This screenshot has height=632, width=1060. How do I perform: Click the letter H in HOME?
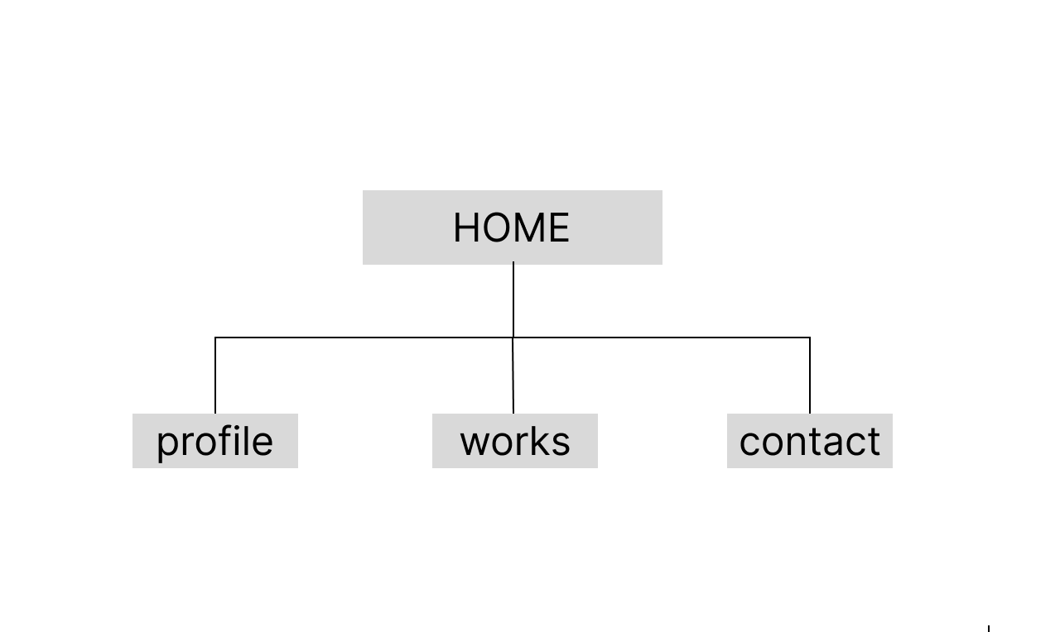[466, 227]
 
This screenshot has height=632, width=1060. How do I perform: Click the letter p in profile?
[167, 445]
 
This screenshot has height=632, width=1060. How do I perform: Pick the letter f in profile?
[224, 441]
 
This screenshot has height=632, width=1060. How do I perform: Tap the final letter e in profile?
[262, 443]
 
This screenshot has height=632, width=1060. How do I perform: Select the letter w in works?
[477, 443]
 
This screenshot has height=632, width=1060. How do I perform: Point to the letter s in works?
[561, 443]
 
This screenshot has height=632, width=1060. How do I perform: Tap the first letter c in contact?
[750, 443]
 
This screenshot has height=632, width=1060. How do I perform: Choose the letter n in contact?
[799, 443]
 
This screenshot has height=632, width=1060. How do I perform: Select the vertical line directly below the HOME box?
[513, 299]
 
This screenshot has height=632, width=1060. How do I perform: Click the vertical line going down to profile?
[215, 376]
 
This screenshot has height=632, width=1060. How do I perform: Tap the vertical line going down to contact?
[810, 376]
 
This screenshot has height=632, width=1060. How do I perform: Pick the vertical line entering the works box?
[513, 376]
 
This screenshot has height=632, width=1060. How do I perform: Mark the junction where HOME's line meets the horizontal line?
[513, 338]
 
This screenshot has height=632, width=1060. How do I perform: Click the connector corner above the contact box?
[810, 338]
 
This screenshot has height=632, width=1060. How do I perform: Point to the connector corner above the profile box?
[215, 338]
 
